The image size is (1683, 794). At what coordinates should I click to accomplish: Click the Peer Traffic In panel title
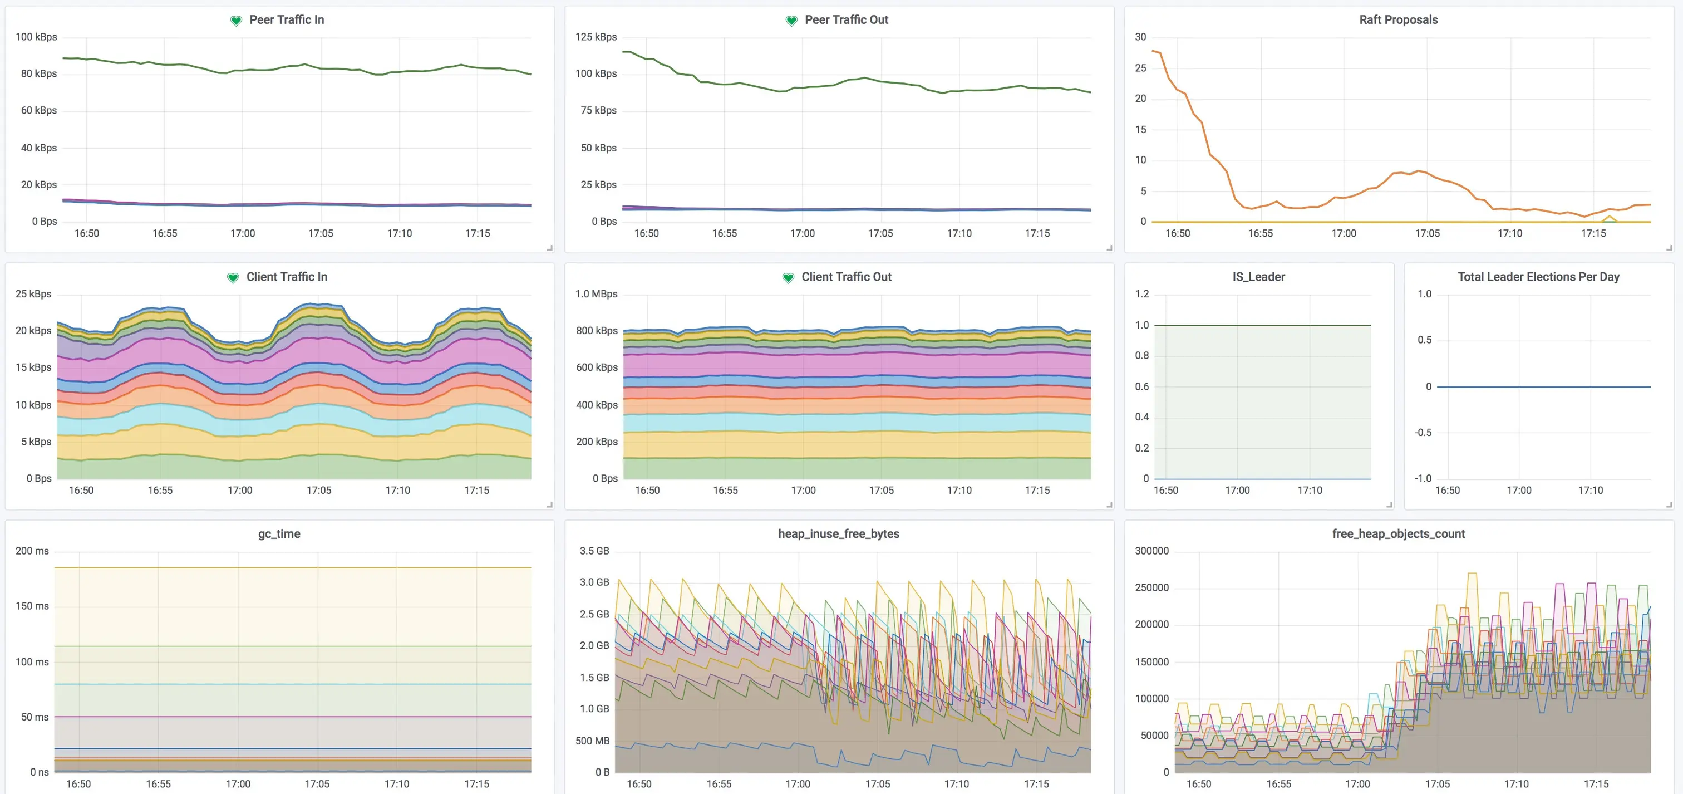pyautogui.click(x=286, y=19)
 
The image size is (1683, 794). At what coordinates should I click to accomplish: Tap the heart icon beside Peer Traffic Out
pyautogui.click(x=791, y=21)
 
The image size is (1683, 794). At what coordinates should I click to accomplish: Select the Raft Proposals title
pyautogui.click(x=1398, y=19)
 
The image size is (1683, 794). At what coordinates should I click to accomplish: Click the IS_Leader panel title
pyautogui.click(x=1258, y=276)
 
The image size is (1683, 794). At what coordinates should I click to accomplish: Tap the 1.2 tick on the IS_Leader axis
pyautogui.click(x=1141, y=293)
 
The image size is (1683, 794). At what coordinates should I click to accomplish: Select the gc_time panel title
pyautogui.click(x=279, y=533)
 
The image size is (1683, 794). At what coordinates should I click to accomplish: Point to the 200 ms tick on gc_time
pyautogui.click(x=32, y=550)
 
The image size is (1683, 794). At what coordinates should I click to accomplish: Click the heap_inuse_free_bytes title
pyautogui.click(x=838, y=533)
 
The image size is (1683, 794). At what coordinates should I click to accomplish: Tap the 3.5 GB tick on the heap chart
pyautogui.click(x=594, y=550)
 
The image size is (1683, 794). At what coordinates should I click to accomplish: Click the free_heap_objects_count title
pyautogui.click(x=1398, y=533)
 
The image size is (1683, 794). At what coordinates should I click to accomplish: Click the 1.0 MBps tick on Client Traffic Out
pyautogui.click(x=596, y=293)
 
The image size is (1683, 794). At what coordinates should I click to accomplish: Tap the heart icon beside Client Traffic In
pyautogui.click(x=233, y=278)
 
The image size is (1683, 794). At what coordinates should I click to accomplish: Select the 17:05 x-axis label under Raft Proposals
pyautogui.click(x=1427, y=233)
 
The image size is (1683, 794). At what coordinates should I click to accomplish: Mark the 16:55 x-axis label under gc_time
pyautogui.click(x=158, y=783)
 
